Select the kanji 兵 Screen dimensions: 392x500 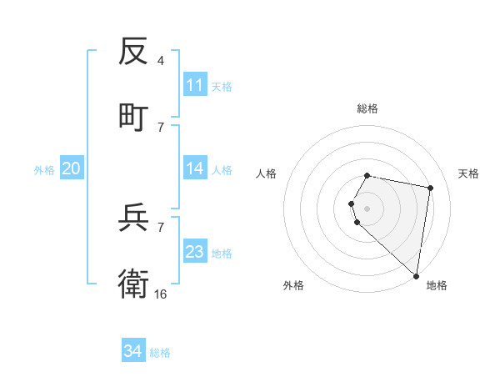pyautogui.click(x=133, y=219)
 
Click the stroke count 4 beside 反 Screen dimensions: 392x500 pyautogui.click(x=161, y=62)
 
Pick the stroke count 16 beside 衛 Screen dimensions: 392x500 pyautogui.click(x=161, y=294)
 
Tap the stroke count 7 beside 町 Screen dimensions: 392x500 pyautogui.click(x=161, y=127)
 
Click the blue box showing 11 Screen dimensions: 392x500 pyautogui.click(x=195, y=85)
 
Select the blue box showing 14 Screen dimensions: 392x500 pyautogui.click(x=195, y=168)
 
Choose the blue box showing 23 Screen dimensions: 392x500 pyautogui.click(x=195, y=252)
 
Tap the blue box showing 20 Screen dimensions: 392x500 pyautogui.click(x=71, y=168)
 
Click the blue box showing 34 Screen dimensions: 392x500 pyautogui.click(x=133, y=351)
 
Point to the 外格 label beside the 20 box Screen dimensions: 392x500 pyautogui.click(x=44, y=170)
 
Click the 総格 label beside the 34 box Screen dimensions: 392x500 pyautogui.click(x=160, y=353)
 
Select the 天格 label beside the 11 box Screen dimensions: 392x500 pyautogui.click(x=222, y=87)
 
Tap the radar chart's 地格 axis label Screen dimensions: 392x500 pyautogui.click(x=437, y=285)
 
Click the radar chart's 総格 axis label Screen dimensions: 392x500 pyautogui.click(x=367, y=108)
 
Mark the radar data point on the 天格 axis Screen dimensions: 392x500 pyautogui.click(x=430, y=188)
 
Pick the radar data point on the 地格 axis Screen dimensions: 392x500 pyautogui.click(x=416, y=275)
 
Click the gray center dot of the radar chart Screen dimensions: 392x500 pyautogui.click(x=367, y=208)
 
